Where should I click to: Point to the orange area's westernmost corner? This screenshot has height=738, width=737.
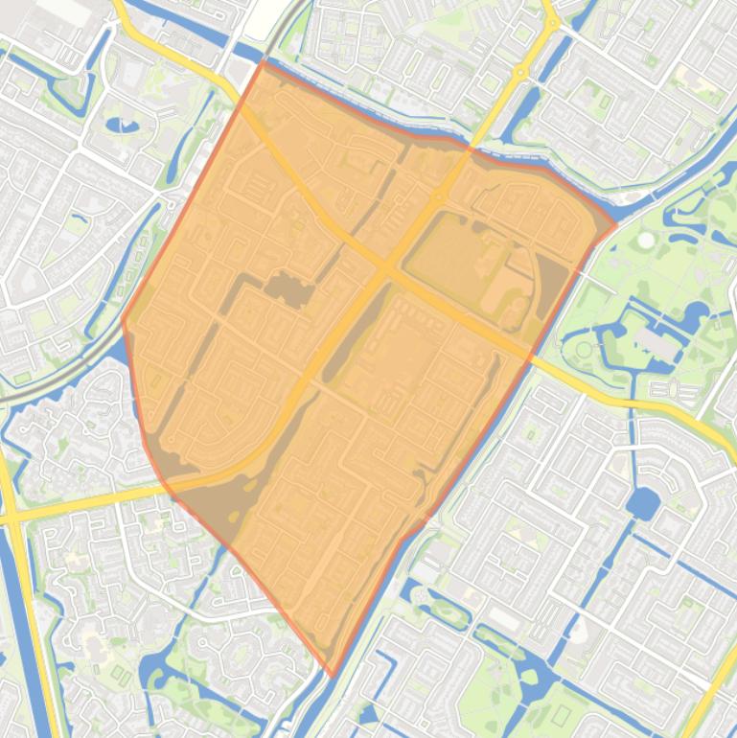123,321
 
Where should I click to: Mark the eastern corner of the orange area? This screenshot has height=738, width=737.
615,225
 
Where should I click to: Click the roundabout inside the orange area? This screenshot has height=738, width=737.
438,196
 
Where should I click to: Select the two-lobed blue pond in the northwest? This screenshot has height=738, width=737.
122,125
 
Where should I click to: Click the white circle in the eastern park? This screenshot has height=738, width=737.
647,239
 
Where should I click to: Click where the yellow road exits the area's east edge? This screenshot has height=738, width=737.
529,353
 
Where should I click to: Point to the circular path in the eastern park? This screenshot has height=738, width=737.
584,350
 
